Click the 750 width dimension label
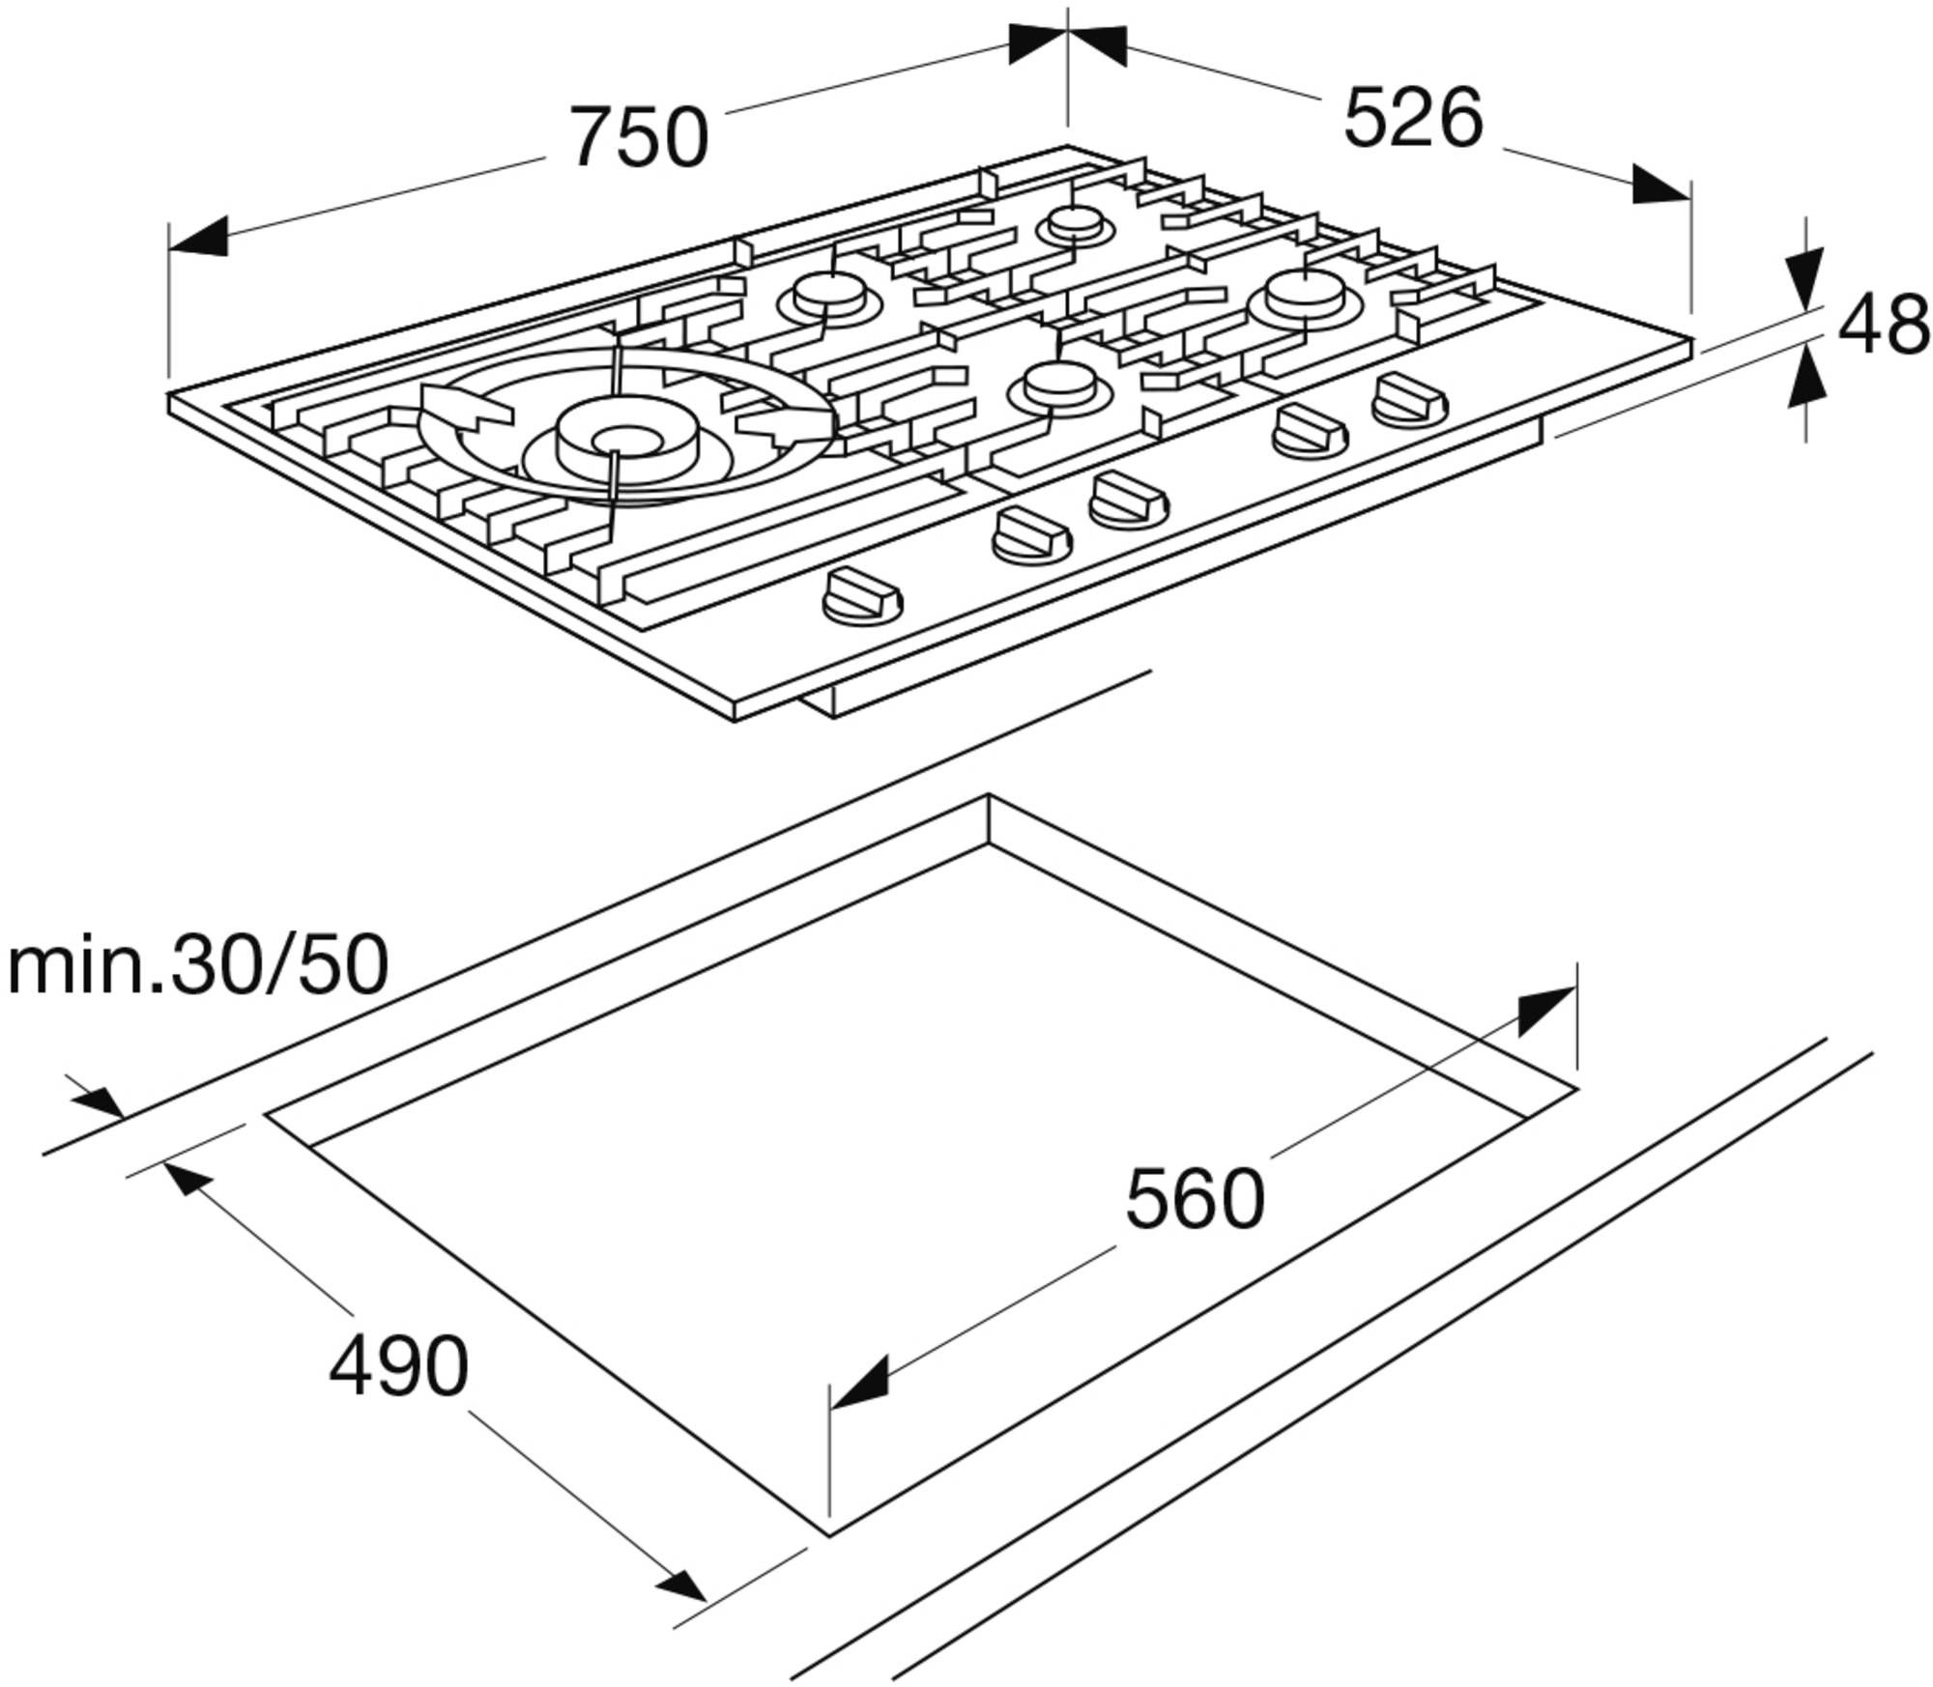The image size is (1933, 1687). click(x=639, y=138)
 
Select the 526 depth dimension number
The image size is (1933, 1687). click(x=1413, y=118)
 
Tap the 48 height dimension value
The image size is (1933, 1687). click(x=1884, y=326)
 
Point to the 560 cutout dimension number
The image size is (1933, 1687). click(x=1195, y=1198)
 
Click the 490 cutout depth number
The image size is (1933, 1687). click(x=398, y=1366)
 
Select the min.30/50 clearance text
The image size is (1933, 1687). click(x=198, y=964)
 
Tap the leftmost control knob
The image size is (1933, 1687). click(x=862, y=595)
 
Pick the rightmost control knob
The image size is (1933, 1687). click(x=1410, y=398)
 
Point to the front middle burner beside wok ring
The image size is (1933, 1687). click(x=1059, y=385)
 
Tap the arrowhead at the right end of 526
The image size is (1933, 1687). click(x=1661, y=185)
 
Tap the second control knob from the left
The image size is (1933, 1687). click(x=1031, y=536)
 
